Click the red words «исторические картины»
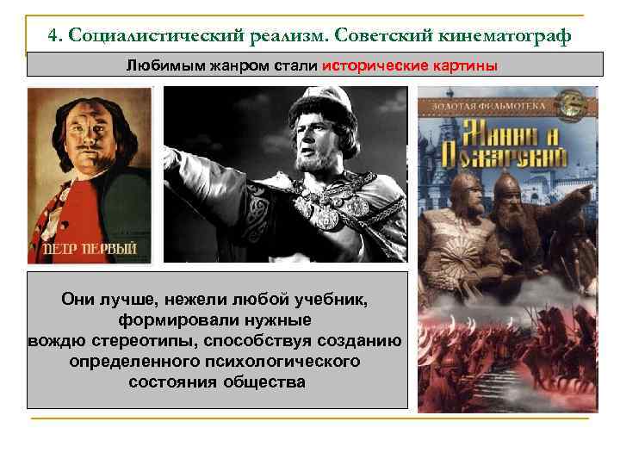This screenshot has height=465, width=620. tap(410, 66)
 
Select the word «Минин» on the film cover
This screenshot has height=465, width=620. tap(500, 133)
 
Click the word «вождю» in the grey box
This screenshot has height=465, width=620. tap(56, 340)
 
